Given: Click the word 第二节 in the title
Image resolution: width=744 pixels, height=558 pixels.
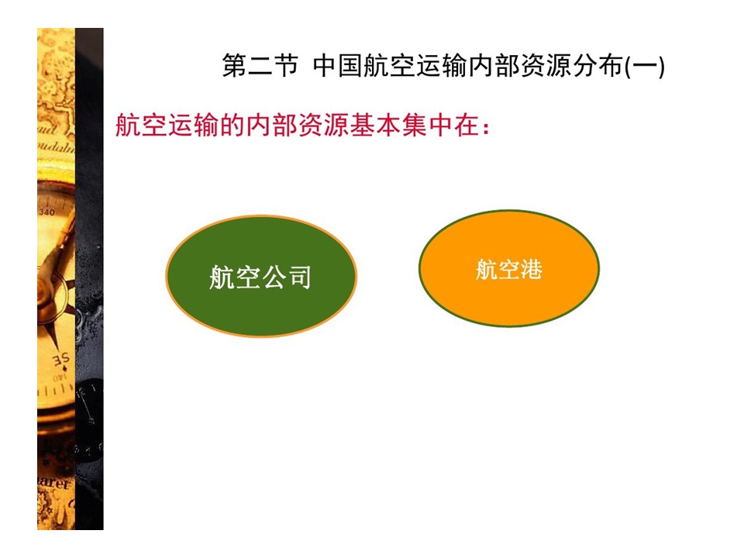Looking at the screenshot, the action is tap(260, 65).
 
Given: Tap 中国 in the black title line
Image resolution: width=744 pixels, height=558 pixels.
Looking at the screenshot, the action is tap(337, 65).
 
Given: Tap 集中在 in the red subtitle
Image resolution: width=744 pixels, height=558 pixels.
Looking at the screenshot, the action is tap(441, 126).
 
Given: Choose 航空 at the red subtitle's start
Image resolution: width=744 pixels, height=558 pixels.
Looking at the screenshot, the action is tap(141, 126).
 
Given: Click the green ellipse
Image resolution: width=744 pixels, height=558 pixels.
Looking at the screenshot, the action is tap(261, 276).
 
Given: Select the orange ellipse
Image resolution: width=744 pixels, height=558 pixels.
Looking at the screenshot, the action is tap(509, 269).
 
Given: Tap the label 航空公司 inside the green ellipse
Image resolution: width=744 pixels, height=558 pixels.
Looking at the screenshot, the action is tap(260, 277).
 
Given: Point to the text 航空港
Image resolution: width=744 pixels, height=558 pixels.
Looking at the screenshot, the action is tap(508, 270).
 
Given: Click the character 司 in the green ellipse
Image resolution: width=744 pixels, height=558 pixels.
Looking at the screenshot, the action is tap(299, 277).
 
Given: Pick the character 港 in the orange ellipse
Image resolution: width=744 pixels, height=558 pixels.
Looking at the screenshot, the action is tap(532, 270).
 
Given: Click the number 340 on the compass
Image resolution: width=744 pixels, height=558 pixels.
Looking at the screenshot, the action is tap(46, 212).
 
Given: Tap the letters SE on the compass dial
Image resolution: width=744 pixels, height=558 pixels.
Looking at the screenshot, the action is tap(61, 360).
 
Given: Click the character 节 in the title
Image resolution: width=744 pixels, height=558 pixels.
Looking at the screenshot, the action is tap(286, 65).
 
